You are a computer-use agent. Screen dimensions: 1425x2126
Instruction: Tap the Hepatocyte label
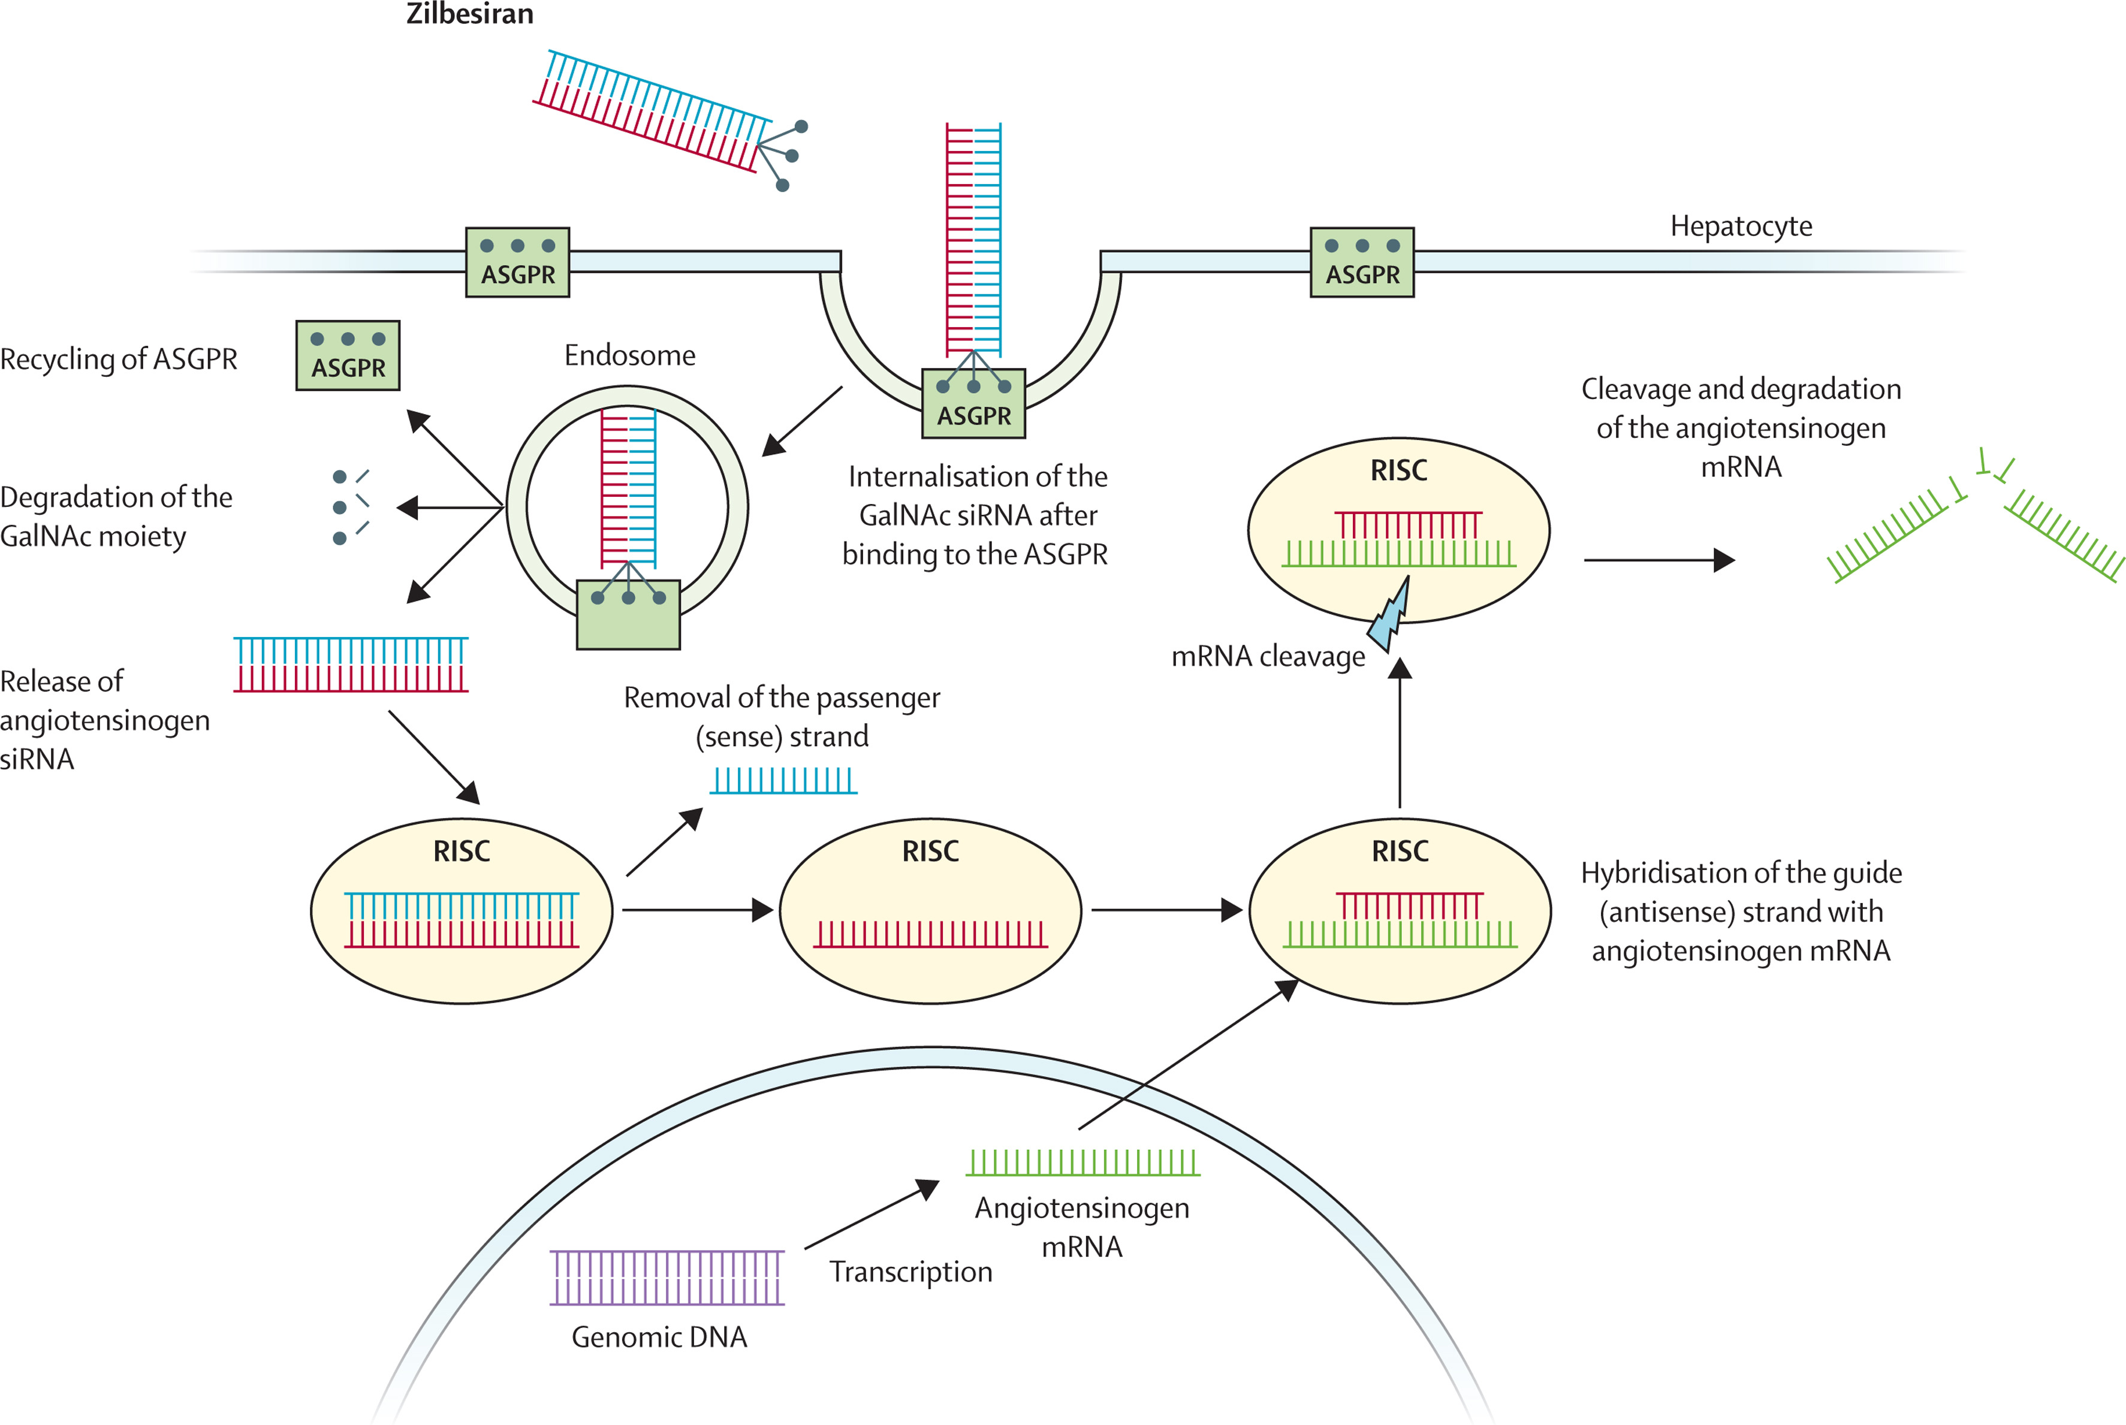[1740, 225]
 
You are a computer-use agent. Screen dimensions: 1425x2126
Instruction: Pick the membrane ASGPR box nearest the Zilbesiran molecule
[517, 262]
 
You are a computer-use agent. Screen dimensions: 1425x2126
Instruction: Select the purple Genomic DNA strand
[667, 1277]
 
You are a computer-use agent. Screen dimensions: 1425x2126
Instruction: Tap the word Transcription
[910, 1272]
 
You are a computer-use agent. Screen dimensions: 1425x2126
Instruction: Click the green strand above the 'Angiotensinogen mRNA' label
[1082, 1163]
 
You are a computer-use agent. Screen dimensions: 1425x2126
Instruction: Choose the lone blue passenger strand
[783, 781]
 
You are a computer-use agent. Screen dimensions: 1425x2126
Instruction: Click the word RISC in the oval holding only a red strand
[930, 852]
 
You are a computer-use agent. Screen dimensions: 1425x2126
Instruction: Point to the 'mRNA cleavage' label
[1267, 656]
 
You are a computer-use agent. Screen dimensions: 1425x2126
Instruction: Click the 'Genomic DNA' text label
[659, 1337]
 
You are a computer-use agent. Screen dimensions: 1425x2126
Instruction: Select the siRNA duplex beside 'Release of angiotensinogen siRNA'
[351, 665]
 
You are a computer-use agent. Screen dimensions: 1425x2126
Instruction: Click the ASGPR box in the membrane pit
[973, 403]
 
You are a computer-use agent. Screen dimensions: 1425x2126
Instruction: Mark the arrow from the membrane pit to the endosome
[802, 421]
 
